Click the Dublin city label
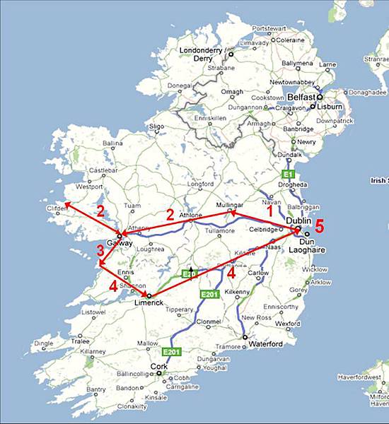pyautogui.click(x=300, y=220)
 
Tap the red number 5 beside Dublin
pyautogui.click(x=320, y=227)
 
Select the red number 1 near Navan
pyautogui.click(x=269, y=210)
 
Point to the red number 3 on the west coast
pyautogui.click(x=100, y=251)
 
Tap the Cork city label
pyautogui.click(x=160, y=367)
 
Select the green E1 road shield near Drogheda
pyautogui.click(x=286, y=173)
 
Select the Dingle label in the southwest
pyautogui.click(x=44, y=343)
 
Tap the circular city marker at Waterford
pyautogui.click(x=244, y=339)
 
